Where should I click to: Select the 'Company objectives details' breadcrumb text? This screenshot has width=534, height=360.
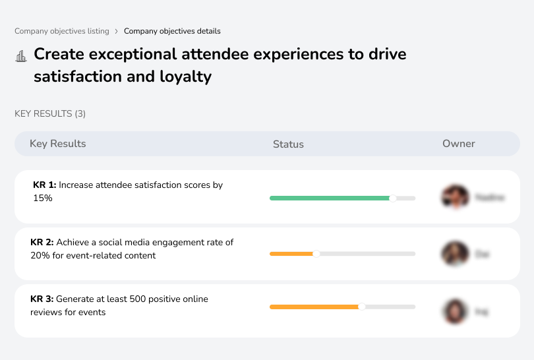172,31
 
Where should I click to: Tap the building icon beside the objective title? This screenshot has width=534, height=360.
21,56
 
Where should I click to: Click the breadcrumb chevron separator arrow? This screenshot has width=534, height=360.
116,31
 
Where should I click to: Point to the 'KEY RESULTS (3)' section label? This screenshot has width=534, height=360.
50,114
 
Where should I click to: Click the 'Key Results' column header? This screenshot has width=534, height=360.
58,144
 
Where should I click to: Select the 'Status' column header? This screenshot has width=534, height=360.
288,144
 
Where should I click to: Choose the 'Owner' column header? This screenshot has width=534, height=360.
459,144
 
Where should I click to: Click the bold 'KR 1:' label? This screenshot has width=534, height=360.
45,185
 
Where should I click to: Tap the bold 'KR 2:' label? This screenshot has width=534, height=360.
42,243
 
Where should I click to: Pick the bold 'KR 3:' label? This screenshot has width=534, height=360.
42,299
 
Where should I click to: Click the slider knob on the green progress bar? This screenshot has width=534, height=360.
393,198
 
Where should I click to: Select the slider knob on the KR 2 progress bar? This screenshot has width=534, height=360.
316,254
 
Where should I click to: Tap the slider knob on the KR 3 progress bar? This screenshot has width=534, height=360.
362,307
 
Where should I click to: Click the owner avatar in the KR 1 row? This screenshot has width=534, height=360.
455,196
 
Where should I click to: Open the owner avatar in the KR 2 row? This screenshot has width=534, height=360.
455,254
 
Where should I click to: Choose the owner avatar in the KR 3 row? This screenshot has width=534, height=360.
455,311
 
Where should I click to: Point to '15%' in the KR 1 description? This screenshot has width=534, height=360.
43,198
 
